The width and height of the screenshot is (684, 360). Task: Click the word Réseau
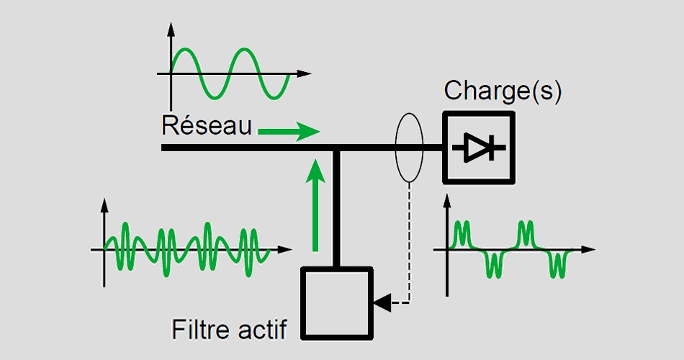click(207, 126)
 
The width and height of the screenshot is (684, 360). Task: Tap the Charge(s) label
click(502, 91)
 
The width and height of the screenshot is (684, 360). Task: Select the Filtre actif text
click(230, 330)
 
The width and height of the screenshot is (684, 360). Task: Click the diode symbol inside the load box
click(478, 147)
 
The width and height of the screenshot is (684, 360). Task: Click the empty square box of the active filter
click(338, 302)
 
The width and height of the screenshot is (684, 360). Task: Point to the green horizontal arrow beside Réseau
click(288, 132)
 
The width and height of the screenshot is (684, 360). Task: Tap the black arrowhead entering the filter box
click(382, 302)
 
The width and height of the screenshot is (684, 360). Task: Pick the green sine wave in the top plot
click(230, 73)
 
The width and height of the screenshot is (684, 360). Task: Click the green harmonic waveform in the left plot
click(187, 249)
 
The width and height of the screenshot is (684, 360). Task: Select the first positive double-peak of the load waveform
click(462, 232)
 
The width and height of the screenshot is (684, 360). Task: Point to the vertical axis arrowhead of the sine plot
click(171, 30)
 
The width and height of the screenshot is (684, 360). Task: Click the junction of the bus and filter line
click(336, 148)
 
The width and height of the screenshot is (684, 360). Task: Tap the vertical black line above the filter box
click(336, 209)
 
